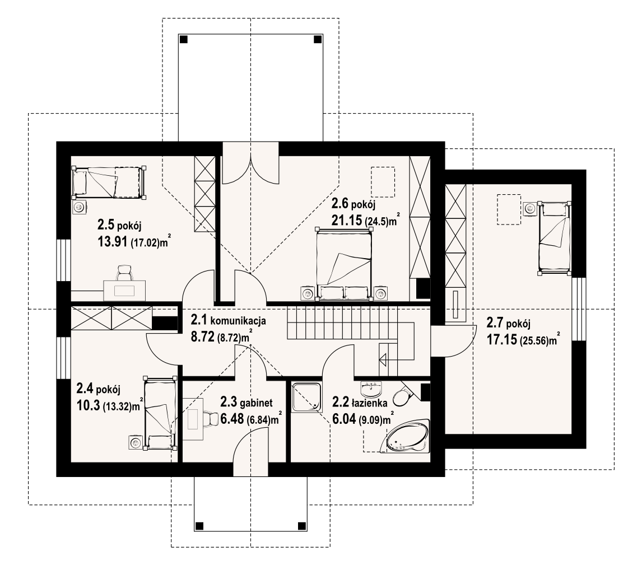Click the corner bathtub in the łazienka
click(406, 436)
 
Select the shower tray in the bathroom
click(306, 396)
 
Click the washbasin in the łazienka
click(372, 388)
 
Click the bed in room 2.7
click(555, 237)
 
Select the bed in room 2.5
click(109, 182)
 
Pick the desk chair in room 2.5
click(125, 273)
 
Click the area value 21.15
click(346, 221)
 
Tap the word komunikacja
click(238, 320)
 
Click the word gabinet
click(257, 403)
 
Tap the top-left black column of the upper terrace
click(184, 39)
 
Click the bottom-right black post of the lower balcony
click(302, 526)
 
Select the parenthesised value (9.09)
click(369, 420)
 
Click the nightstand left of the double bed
click(307, 293)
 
